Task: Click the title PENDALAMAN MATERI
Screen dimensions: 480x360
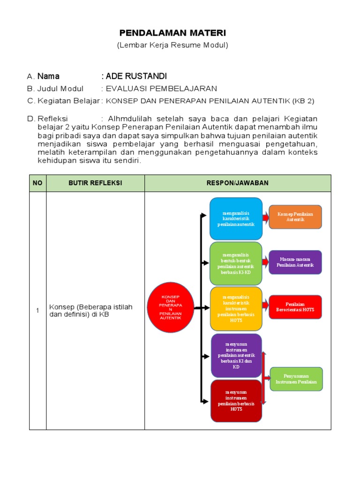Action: click(x=172, y=33)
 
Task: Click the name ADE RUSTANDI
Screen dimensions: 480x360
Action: click(x=136, y=76)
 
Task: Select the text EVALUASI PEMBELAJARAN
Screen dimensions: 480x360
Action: click(x=161, y=89)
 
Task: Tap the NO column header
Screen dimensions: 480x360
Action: click(x=37, y=183)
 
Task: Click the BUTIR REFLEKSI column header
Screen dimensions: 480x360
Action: click(x=95, y=183)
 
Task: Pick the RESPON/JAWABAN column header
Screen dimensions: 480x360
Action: click(x=238, y=183)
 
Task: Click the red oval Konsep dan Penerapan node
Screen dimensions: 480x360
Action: click(x=171, y=308)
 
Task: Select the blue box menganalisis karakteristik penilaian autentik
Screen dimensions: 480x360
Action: click(x=236, y=218)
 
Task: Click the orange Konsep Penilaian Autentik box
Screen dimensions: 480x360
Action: click(x=295, y=217)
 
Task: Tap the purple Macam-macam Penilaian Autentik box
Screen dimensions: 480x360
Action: click(x=295, y=262)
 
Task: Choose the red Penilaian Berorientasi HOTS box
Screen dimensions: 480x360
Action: click(x=295, y=307)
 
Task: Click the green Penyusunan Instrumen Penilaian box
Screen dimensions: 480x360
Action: click(x=296, y=379)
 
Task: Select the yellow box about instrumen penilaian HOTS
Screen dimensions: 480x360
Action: click(x=236, y=309)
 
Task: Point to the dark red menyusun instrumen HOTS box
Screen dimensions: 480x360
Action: click(x=236, y=401)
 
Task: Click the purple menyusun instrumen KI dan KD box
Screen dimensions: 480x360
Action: click(x=236, y=355)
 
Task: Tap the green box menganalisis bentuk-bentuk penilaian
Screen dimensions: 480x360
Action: click(x=236, y=263)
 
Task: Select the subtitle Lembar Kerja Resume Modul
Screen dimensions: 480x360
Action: click(x=172, y=45)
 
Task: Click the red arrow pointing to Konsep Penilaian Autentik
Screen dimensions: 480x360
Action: click(x=265, y=217)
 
